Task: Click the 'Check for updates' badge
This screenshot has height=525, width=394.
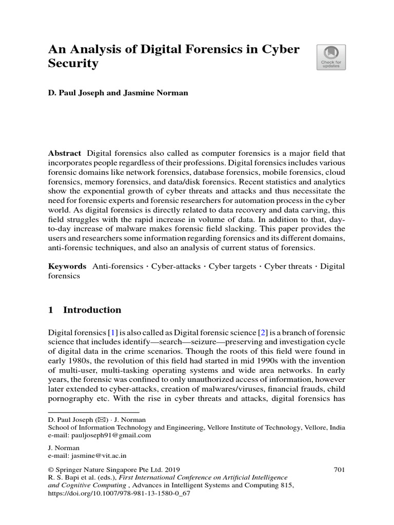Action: pyautogui.click(x=331, y=57)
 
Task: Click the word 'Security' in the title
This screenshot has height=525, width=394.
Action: pyautogui.click(x=73, y=64)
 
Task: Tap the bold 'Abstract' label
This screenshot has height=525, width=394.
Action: pyautogui.click(x=65, y=153)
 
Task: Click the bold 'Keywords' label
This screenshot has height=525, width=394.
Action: pyautogui.click(x=67, y=267)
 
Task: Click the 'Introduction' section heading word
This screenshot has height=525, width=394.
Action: pyautogui.click(x=92, y=310)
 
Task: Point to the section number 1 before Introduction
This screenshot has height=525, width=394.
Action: pyautogui.click(x=51, y=310)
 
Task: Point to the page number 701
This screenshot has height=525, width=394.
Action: pyautogui.click(x=339, y=469)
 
